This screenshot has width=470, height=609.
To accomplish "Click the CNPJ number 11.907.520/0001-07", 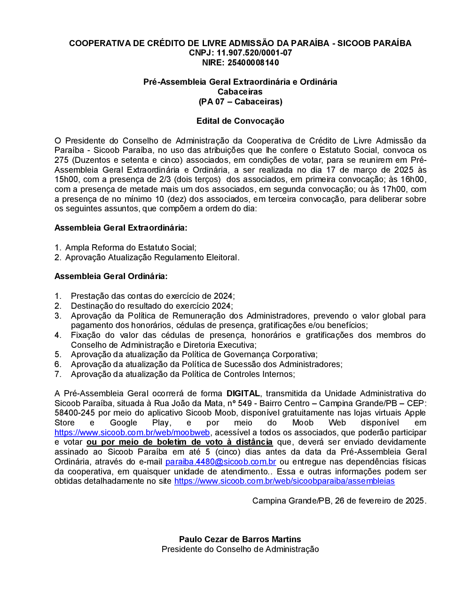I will coord(254,53).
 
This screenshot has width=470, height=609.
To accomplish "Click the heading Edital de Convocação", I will coord(240,121).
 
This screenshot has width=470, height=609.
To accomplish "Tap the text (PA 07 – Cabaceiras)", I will coord(240,102).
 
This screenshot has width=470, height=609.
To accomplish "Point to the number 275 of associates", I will coord(61,160).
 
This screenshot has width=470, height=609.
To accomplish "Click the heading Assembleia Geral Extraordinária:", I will coord(121,228).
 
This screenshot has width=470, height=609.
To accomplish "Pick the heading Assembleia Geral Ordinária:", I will coord(111,276).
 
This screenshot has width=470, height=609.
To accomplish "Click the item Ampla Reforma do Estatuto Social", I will coord(131,248).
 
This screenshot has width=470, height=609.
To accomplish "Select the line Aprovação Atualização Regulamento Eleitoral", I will coord(152,257).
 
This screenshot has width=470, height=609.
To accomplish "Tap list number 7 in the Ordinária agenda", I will coord(58,374).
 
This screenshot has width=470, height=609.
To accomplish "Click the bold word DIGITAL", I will coord(243,393).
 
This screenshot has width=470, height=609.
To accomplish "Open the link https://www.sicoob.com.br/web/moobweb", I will coord(132,433).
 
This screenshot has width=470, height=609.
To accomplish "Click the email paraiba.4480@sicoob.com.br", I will coord(220,462).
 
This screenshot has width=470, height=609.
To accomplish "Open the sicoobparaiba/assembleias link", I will coord(284,481).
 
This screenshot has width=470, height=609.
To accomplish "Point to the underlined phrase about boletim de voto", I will coord(180,442).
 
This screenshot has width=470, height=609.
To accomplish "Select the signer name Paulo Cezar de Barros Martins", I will coord(240,539).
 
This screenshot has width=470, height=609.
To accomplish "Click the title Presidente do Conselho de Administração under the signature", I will coord(240,549).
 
